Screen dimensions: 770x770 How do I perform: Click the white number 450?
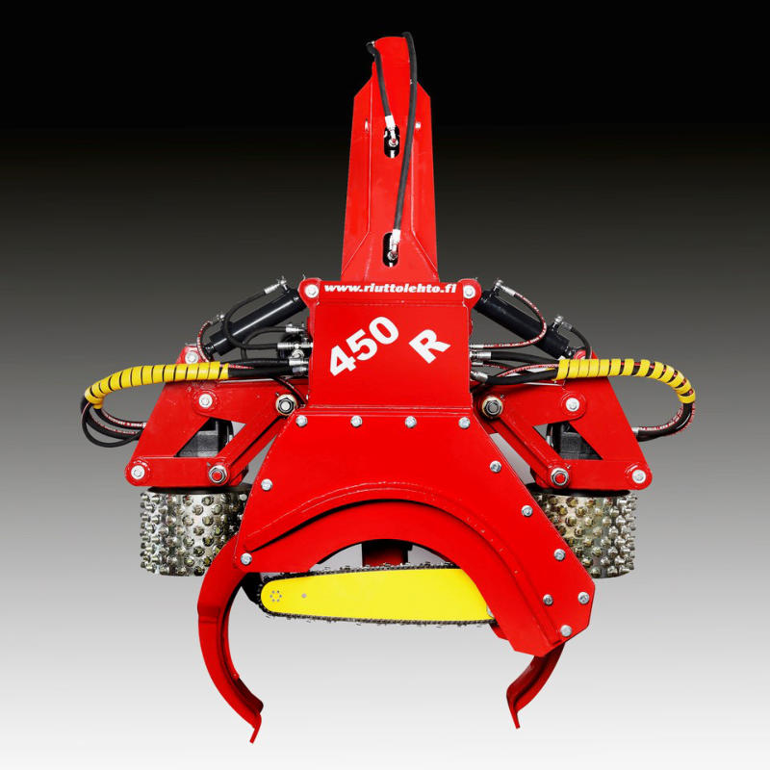[x=364, y=345]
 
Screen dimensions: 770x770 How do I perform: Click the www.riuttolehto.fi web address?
[x=390, y=288]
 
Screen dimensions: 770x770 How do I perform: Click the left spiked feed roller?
[x=192, y=532]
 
